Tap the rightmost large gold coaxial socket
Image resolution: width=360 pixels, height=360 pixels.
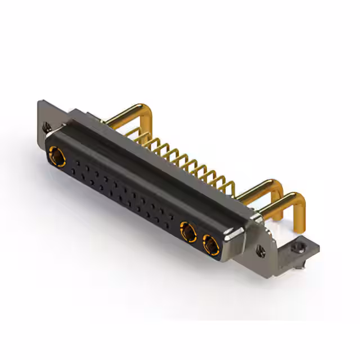(x=209, y=244)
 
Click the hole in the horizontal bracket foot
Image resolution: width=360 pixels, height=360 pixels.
(x=298, y=245)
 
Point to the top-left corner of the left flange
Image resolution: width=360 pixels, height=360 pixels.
(x=39, y=102)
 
